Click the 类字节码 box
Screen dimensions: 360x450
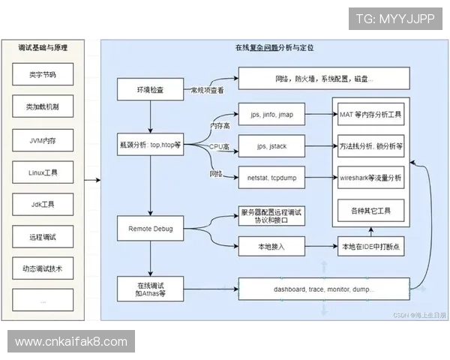[x=43, y=75]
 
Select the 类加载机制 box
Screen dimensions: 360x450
[x=43, y=107]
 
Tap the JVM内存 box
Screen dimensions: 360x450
[x=43, y=139]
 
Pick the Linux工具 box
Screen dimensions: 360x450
[x=43, y=172]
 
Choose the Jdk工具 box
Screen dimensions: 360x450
[x=43, y=204]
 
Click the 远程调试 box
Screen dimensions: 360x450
[x=43, y=236]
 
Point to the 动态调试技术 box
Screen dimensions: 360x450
[x=43, y=268]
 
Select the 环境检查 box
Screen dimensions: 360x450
[x=150, y=90]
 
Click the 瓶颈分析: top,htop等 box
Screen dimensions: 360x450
[x=150, y=144]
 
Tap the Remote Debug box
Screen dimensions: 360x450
[x=150, y=226]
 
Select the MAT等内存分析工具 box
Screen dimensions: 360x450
[x=371, y=116]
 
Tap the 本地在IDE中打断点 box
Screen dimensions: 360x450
[x=371, y=245]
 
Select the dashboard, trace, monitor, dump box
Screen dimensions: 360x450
[x=324, y=289]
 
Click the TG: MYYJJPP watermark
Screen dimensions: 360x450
[x=394, y=18]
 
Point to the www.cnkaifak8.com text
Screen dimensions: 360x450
[x=71, y=341]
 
